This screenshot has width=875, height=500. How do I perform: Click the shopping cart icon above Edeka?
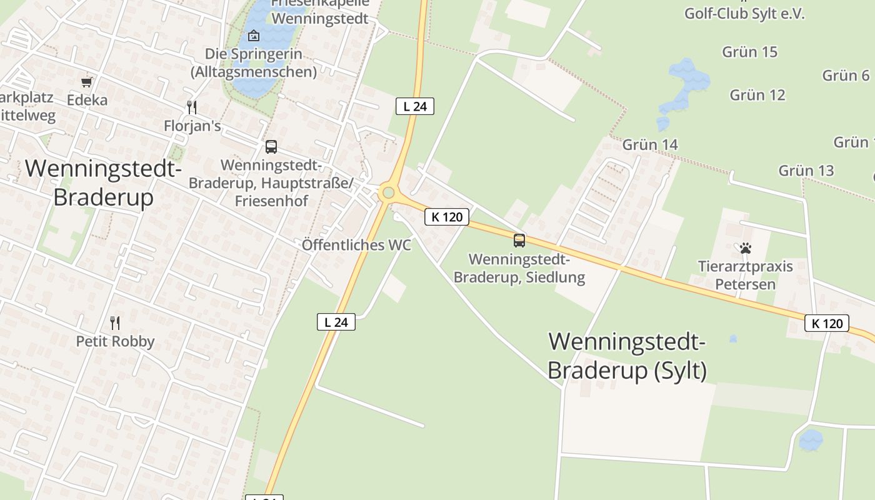click(x=87, y=82)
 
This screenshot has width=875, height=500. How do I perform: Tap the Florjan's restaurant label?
click(x=192, y=126)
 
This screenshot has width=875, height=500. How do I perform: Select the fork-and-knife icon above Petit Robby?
click(x=115, y=323)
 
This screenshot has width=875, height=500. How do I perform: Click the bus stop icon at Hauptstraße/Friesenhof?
click(x=271, y=147)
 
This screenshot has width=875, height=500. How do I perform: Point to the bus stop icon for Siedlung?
click(x=519, y=240)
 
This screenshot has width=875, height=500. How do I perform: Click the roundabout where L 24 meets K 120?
click(x=388, y=193)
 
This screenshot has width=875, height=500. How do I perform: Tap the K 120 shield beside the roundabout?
click(x=447, y=217)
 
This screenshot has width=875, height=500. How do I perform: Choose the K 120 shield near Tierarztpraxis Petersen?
click(x=826, y=323)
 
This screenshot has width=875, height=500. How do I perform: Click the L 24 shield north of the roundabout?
click(x=415, y=106)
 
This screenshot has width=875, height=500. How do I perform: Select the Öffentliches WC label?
click(x=356, y=245)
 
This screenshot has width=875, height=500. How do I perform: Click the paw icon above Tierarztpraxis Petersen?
click(x=745, y=248)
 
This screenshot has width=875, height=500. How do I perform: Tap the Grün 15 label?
click(x=749, y=52)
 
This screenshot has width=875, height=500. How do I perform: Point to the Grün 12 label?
click(x=757, y=95)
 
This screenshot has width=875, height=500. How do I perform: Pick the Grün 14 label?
click(x=650, y=145)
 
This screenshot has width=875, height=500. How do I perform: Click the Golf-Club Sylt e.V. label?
click(x=744, y=14)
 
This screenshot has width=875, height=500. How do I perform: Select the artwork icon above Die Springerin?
click(x=254, y=36)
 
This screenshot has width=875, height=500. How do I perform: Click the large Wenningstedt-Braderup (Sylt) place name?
click(x=627, y=356)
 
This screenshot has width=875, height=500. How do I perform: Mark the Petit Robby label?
click(x=115, y=341)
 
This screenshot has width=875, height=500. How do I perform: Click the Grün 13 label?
click(x=806, y=171)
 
